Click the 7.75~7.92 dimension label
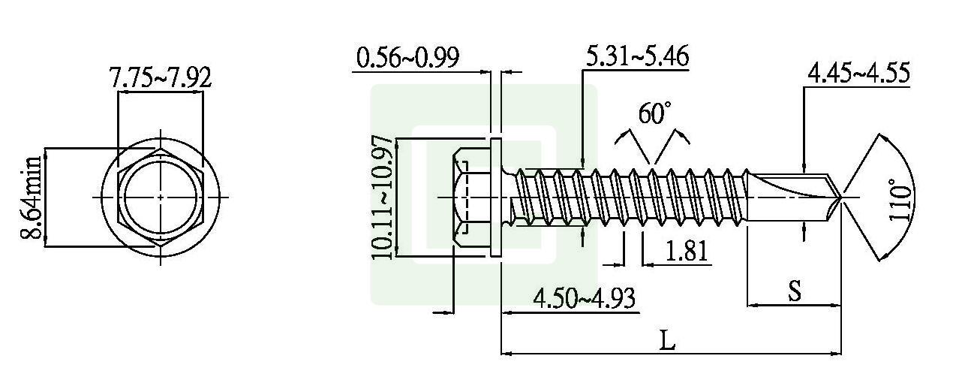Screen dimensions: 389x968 (x=160, y=78)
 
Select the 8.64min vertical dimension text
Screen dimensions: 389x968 (x=32, y=198)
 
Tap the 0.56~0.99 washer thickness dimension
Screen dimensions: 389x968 (x=407, y=58)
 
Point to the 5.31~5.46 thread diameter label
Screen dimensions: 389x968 (x=636, y=56)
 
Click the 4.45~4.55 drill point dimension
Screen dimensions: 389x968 (x=858, y=74)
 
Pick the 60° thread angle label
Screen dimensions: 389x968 (x=654, y=113)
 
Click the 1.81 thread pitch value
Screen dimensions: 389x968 (x=685, y=251)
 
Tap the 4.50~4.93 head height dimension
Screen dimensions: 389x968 (x=584, y=298)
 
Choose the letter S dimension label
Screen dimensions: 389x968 (x=794, y=291)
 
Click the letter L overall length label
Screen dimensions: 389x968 (x=667, y=340)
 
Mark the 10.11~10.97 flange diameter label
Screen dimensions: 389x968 (x=382, y=198)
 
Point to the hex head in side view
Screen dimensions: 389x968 (x=470, y=198)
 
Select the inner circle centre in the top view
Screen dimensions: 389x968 (x=160, y=197)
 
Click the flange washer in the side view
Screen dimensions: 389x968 (x=495, y=198)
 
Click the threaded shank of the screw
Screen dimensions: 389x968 (x=630, y=198)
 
